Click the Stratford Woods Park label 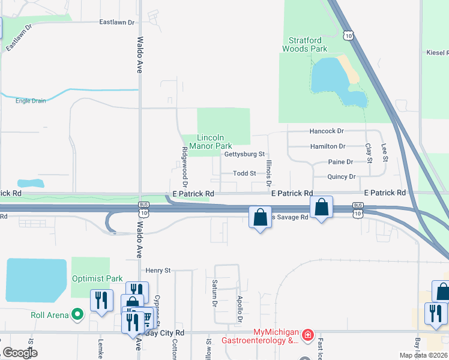pyautogui.click(x=305, y=44)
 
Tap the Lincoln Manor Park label pyautogui.click(x=211, y=142)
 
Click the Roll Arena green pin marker pyautogui.click(x=77, y=314)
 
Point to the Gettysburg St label pyautogui.click(x=244, y=154)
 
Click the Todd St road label pyautogui.click(x=244, y=173)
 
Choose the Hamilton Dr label pyautogui.click(x=328, y=146)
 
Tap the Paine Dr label pyautogui.click(x=340, y=162)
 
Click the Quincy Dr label pyautogui.click(x=342, y=177)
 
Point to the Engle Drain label pyautogui.click(x=31, y=101)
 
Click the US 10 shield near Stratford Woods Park pyautogui.click(x=349, y=35)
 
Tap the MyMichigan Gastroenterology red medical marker pyautogui.click(x=307, y=334)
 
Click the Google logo pyautogui.click(x=19, y=353)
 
